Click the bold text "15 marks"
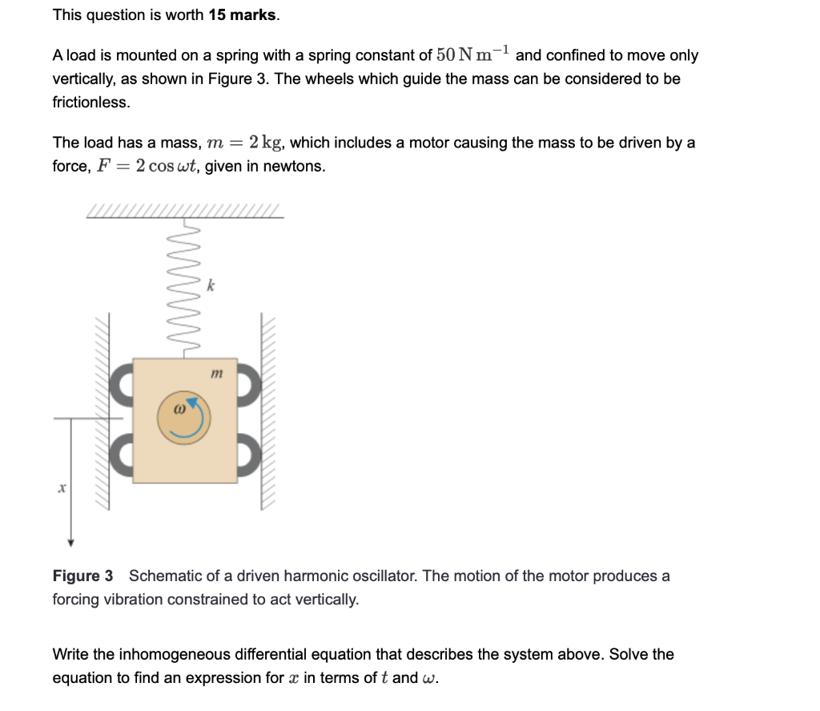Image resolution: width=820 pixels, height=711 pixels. click(243, 15)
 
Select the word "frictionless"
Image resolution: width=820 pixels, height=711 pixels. click(90, 103)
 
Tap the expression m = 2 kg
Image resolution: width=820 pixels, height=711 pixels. click(243, 143)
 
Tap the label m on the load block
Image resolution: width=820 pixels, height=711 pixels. click(215, 374)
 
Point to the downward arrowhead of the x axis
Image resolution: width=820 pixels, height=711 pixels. click(71, 542)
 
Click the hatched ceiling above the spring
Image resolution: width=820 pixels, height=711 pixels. click(184, 211)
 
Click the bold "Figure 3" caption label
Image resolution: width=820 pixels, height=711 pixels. click(82, 576)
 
